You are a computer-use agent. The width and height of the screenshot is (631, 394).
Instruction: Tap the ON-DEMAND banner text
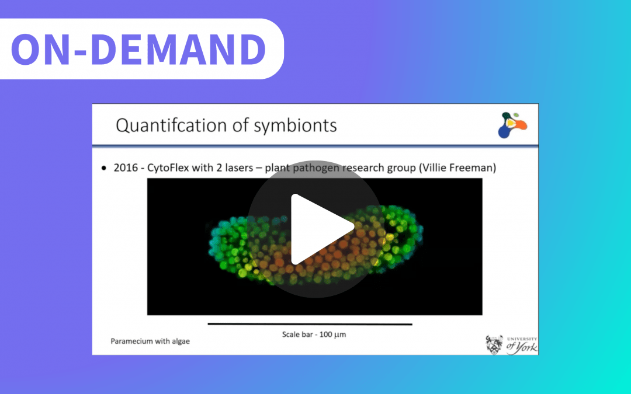click(x=138, y=49)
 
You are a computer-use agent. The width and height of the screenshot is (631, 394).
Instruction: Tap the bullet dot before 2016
click(x=103, y=169)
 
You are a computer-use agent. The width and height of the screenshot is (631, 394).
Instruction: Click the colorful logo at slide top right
click(x=511, y=124)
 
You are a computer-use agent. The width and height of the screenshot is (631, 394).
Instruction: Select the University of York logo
click(x=511, y=344)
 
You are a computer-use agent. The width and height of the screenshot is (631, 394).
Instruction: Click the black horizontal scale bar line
click(x=310, y=324)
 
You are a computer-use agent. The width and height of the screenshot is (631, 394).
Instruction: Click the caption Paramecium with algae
click(x=150, y=341)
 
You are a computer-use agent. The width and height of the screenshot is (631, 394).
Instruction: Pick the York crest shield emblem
click(x=494, y=344)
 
